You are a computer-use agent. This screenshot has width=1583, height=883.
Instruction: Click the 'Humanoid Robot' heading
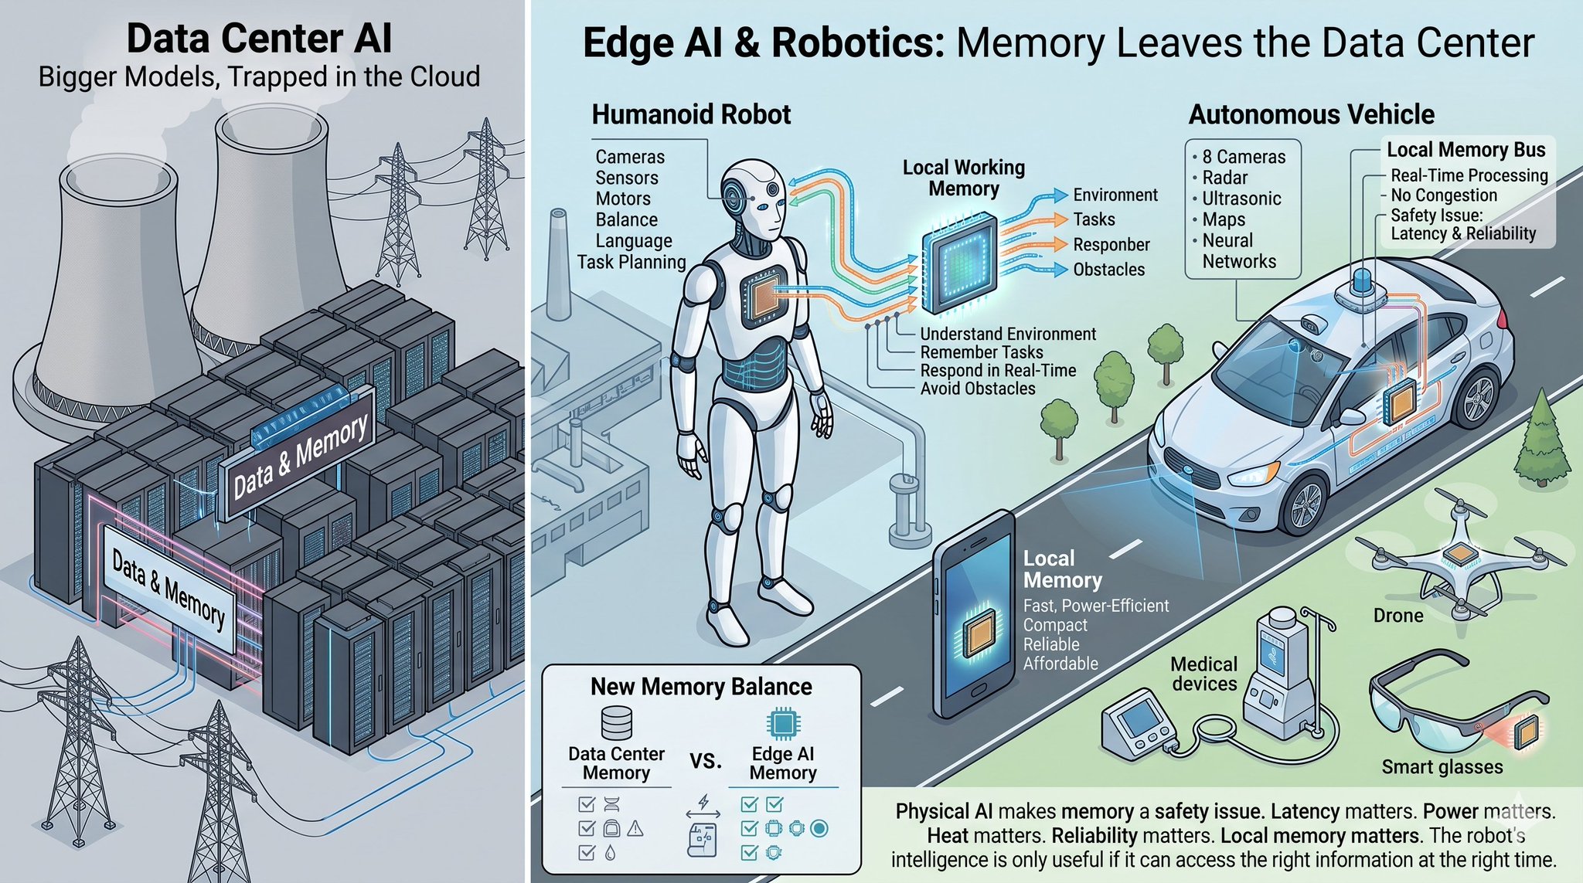691,114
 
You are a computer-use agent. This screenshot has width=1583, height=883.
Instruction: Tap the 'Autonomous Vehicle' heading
1311,114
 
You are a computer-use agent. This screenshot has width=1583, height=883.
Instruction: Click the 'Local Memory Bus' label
1466,149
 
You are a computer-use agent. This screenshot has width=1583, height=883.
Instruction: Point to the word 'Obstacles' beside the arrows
1109,270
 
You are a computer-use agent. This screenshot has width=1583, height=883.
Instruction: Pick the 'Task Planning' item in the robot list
631,262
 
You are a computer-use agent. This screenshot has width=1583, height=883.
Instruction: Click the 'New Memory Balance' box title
701,687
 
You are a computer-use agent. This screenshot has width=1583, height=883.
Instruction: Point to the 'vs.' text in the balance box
705,761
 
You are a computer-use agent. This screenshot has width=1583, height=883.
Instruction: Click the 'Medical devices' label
1203,674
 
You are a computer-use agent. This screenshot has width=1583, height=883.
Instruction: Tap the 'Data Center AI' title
259,39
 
